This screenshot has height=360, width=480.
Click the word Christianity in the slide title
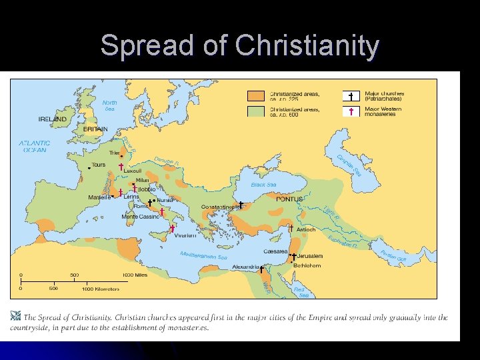[x=307, y=46]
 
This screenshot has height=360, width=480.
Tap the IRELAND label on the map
[x=52, y=119]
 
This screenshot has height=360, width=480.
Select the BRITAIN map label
[x=95, y=129]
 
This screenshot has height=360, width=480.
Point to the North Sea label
[x=110, y=106]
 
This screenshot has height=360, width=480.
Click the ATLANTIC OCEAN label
[x=34, y=147]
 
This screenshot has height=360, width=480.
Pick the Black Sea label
[x=263, y=185]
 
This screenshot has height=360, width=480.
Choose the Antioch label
[x=306, y=229]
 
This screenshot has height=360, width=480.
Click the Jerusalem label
[x=310, y=256]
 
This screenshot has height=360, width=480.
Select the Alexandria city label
[x=245, y=267]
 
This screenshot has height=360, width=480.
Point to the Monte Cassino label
[x=140, y=217]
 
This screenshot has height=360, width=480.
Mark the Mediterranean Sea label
[x=203, y=256]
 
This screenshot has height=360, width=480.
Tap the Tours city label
[x=98, y=165]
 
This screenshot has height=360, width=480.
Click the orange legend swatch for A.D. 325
[x=257, y=97]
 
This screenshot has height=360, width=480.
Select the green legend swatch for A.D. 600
[x=257, y=111]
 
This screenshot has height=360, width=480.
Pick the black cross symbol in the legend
[x=351, y=97]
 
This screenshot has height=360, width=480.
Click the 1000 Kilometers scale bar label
[x=101, y=289]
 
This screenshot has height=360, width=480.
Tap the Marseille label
[x=100, y=197]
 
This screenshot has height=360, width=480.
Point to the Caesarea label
[x=275, y=251]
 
